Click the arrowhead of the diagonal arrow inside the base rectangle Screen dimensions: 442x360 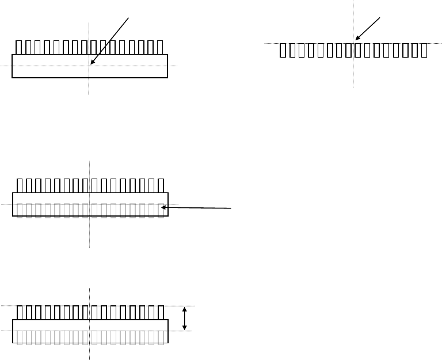tap(91, 64)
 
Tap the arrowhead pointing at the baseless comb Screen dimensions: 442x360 tap(356, 40)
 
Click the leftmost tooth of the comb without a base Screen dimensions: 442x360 tap(283, 51)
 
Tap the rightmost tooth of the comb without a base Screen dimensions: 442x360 tap(424, 51)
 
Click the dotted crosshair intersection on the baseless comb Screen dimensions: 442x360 tap(353, 43)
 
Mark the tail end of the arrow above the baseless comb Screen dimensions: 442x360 tap(380, 17)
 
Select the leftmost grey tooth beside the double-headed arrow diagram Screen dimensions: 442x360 tap(20, 338)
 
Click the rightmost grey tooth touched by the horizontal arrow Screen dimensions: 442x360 tap(160, 210)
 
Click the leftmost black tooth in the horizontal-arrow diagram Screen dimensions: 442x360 tap(20, 185)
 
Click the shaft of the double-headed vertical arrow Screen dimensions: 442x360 tap(184, 319)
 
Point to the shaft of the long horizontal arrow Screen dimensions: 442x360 tap(199, 208)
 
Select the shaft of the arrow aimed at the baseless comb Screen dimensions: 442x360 tap(369, 28)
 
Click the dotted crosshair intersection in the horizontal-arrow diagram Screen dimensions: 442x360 tap(90, 204)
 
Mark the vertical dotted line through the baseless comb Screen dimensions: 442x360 tap(353, 75)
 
